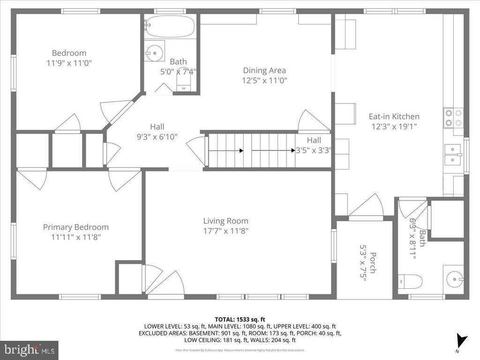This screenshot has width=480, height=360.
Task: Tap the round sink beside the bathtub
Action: (x=154, y=53)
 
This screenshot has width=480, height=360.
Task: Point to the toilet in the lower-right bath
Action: (x=410, y=281)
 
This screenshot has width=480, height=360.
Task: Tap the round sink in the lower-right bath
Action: (x=453, y=280)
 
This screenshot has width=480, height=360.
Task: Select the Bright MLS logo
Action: (x=29, y=350)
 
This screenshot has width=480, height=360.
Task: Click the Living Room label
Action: (x=225, y=221)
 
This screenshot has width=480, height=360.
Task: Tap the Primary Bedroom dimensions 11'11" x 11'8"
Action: (x=76, y=237)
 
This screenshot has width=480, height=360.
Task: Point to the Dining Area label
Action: (x=264, y=70)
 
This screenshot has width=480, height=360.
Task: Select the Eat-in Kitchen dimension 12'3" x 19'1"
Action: (x=394, y=126)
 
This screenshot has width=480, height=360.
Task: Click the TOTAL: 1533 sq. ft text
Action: (x=240, y=318)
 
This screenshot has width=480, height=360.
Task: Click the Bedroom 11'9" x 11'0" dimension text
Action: (x=69, y=63)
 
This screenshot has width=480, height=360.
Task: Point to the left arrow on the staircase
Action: (x=225, y=150)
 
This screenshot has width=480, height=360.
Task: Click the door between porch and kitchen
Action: (x=367, y=206)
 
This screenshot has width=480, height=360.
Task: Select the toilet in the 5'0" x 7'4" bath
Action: (x=184, y=84)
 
